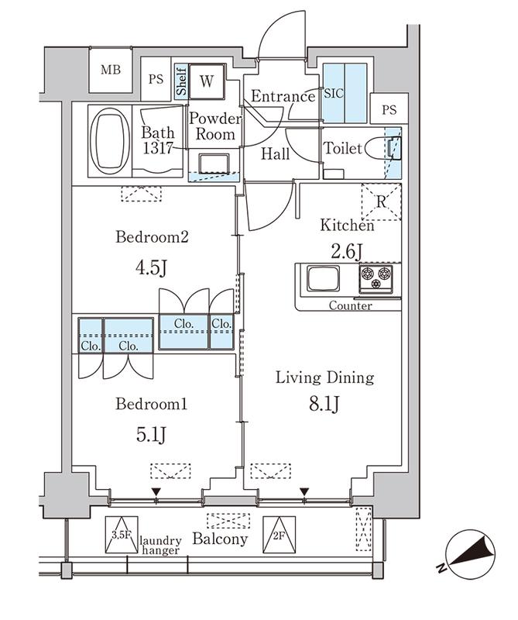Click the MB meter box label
[110, 70]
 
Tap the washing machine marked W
[207, 81]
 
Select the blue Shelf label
[181, 82]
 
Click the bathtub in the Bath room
[110, 141]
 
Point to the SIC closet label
[334, 94]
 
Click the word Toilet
[343, 148]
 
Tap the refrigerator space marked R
[381, 202]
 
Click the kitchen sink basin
[324, 279]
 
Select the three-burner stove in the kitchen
[376, 279]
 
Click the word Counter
[351, 305]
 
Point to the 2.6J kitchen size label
[347, 252]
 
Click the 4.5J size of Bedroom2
[152, 268]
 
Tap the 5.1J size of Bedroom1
[152, 435]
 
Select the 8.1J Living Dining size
[324, 404]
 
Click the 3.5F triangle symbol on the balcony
[122, 534]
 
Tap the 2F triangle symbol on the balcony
[279, 534]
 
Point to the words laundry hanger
[161, 546]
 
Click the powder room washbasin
[214, 164]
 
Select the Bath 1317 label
[158, 140]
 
